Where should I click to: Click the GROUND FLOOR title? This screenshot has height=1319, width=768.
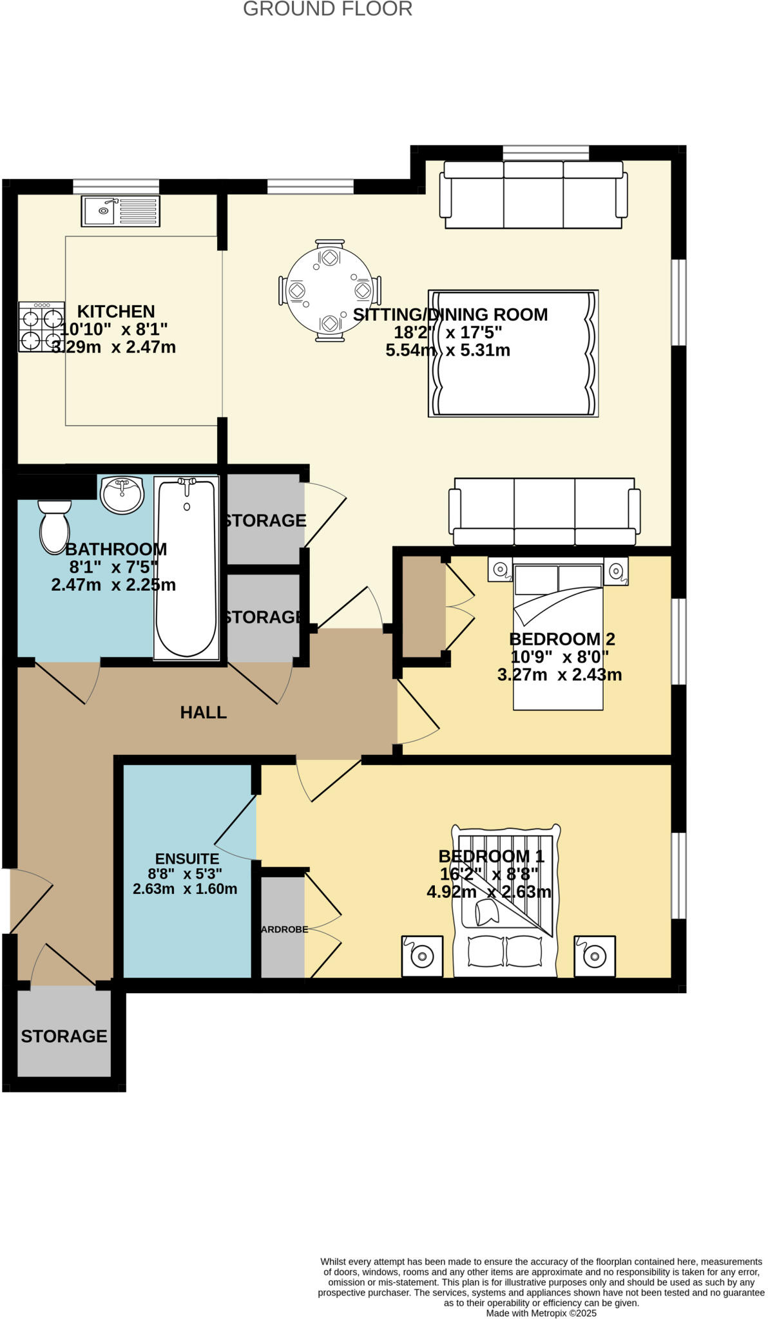[327, 9]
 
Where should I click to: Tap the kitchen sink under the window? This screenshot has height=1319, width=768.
[120, 211]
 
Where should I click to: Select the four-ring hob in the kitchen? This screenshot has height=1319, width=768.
[41, 327]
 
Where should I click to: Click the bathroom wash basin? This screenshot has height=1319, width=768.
[122, 495]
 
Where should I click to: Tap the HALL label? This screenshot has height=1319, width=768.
[203, 712]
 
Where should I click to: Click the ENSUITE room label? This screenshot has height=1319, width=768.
[187, 859]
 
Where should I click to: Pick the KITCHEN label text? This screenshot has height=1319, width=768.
[116, 312]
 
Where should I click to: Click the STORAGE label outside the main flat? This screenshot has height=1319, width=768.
[64, 1036]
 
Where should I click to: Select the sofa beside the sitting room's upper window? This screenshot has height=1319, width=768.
[533, 195]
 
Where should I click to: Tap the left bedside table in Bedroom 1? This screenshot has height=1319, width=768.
[422, 956]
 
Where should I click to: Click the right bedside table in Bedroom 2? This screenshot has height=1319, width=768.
[615, 571]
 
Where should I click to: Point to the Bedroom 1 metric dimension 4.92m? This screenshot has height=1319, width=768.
[452, 892]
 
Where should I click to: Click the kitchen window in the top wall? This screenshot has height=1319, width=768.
[116, 186]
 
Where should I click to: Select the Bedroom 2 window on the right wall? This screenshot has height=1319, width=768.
[678, 641]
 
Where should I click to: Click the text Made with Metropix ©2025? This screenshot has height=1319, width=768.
[541, 1313]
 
